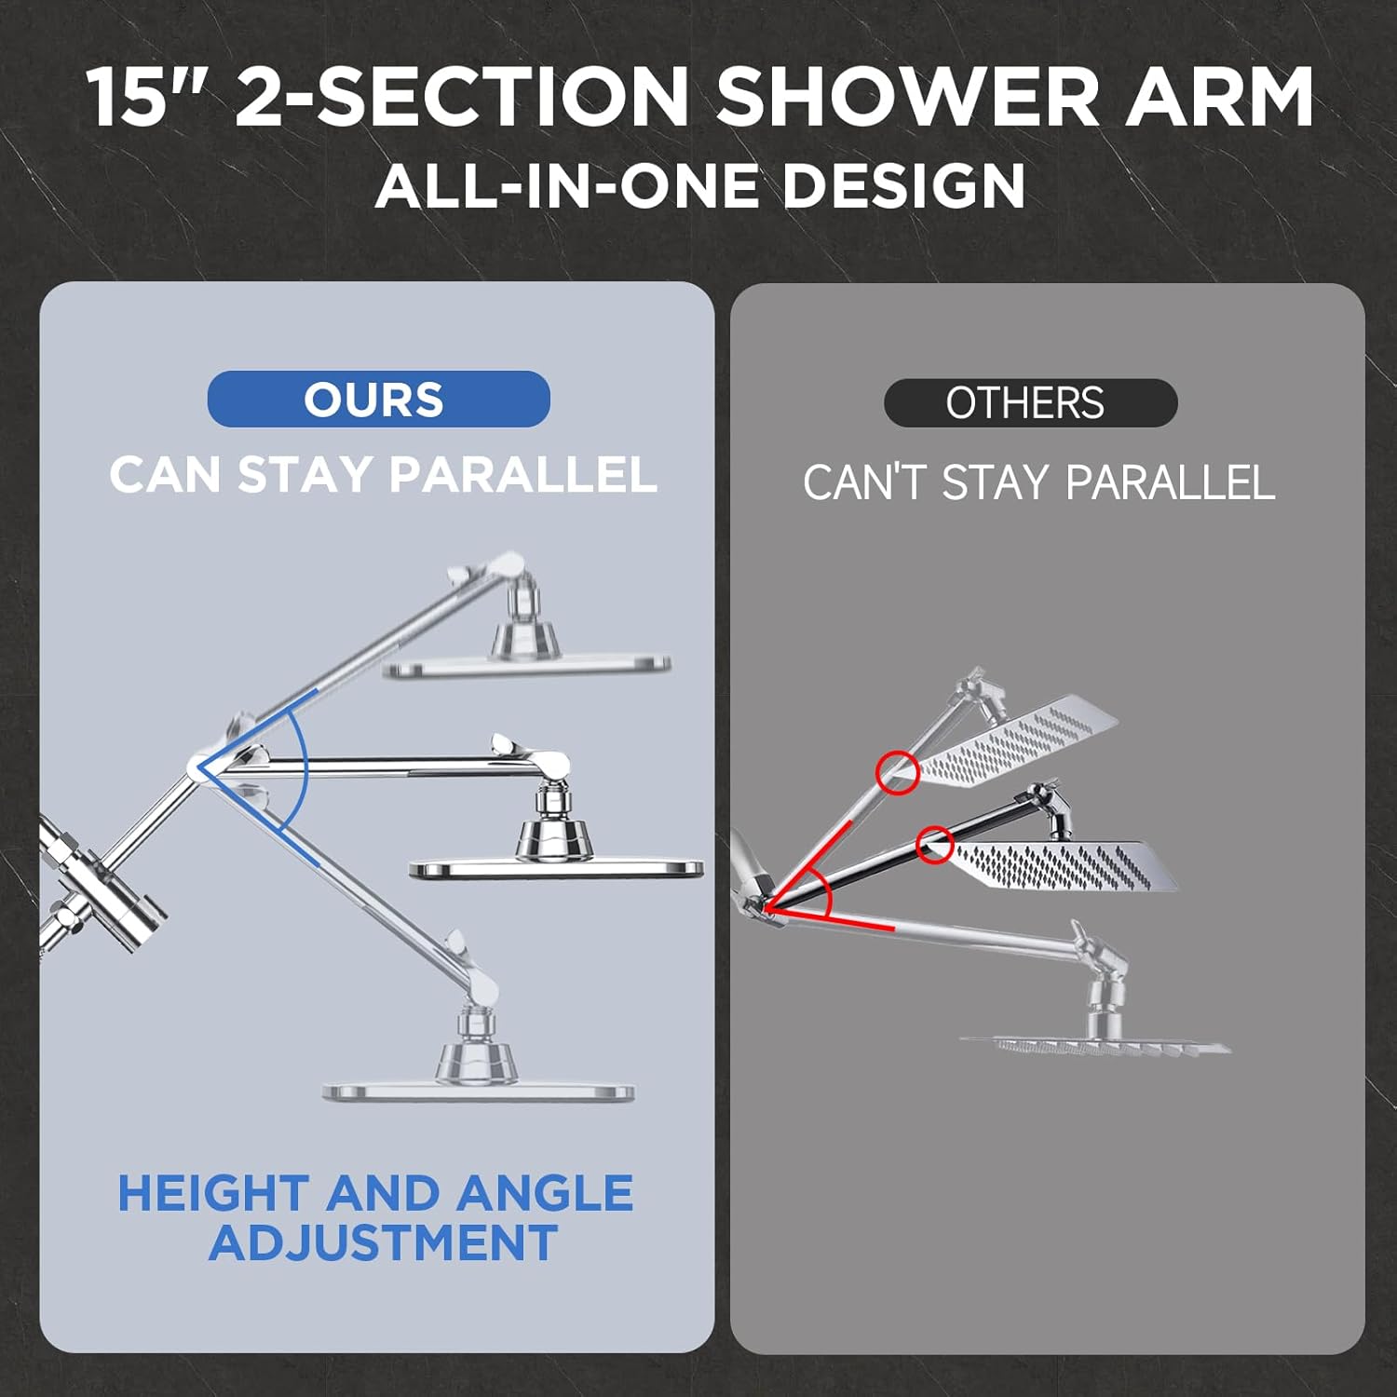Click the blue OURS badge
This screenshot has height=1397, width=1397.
[378, 400]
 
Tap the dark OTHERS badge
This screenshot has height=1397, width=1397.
[1030, 403]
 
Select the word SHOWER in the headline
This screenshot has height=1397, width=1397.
[908, 98]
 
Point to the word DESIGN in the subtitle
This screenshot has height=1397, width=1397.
[903, 185]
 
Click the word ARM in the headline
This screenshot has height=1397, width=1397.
[1220, 98]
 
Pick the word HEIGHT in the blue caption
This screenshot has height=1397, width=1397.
[213, 1194]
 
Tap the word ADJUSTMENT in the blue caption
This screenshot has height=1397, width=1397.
[383, 1243]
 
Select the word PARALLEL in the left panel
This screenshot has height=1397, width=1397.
[522, 475]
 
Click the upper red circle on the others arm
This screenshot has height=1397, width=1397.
[898, 772]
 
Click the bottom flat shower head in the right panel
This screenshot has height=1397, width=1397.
[1095, 1046]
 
